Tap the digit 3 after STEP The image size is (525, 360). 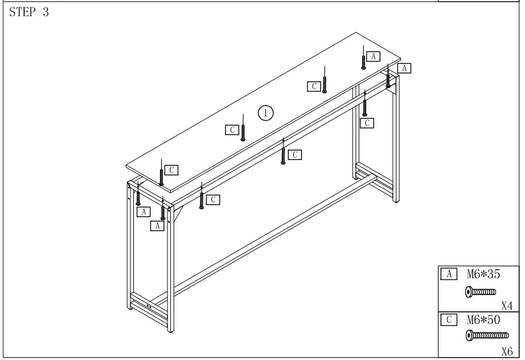(x=45, y=13)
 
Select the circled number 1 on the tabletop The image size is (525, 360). (x=265, y=112)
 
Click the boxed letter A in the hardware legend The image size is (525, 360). (x=447, y=273)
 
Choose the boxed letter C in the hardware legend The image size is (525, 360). (x=447, y=319)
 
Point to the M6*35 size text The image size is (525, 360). (x=480, y=273)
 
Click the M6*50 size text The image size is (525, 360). (x=480, y=319)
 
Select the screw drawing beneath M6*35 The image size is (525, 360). (x=480, y=292)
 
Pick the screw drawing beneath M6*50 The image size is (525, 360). (x=487, y=335)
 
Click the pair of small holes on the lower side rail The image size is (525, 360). (x=148, y=306)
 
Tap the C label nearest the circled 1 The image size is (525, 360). (x=232, y=129)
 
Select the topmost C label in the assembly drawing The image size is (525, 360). (x=313, y=86)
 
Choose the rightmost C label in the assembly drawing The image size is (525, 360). (x=366, y=123)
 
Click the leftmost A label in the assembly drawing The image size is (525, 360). (x=143, y=212)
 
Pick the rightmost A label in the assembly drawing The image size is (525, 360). (x=405, y=68)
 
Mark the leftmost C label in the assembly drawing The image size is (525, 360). (x=171, y=170)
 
